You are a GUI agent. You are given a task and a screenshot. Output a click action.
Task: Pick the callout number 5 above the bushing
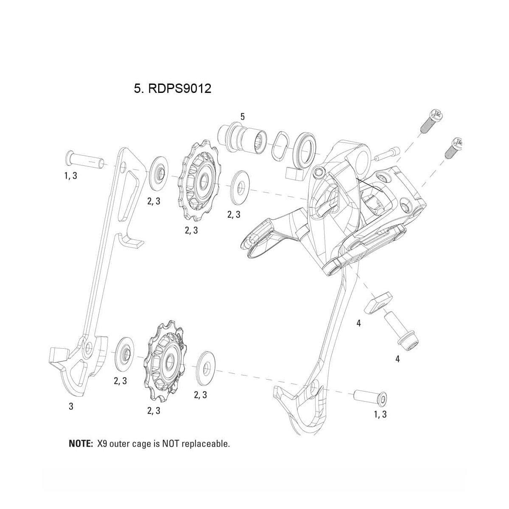(x=242, y=116)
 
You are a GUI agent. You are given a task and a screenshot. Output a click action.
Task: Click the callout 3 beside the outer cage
(x=71, y=406)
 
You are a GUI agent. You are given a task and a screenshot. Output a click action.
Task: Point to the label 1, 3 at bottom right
(x=380, y=414)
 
